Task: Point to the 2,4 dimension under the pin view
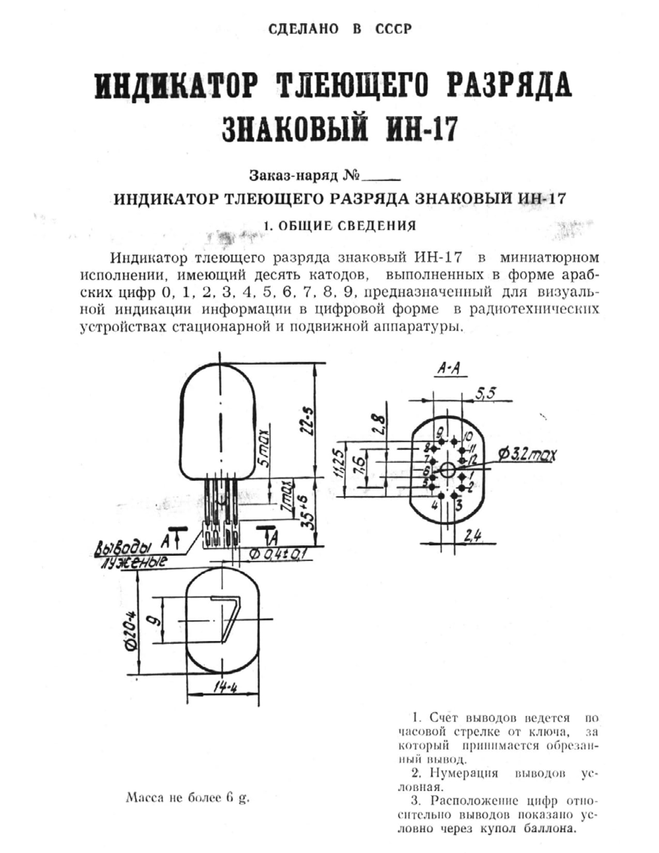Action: tap(472, 536)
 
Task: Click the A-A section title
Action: tap(449, 369)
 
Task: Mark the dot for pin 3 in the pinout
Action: tap(454, 495)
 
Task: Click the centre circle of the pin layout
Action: tap(448, 470)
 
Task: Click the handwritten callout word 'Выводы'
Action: tap(124, 547)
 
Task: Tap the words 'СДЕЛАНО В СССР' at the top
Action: tap(340, 29)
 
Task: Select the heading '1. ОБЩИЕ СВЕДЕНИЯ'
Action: tap(340, 226)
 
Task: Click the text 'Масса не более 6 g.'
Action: tap(187, 797)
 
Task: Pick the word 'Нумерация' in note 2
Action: tap(463, 773)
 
